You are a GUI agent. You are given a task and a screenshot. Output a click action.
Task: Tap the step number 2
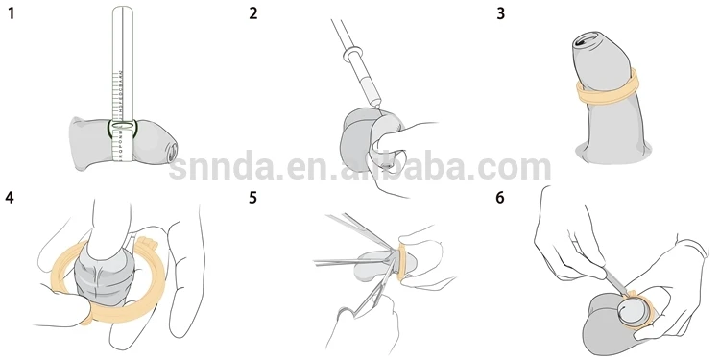(253, 15)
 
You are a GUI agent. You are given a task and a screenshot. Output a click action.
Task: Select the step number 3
(499, 15)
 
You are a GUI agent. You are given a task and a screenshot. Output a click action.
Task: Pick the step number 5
(253, 200)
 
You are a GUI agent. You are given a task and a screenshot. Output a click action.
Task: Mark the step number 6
(499, 200)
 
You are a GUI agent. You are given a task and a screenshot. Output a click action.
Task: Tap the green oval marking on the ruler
(124, 126)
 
